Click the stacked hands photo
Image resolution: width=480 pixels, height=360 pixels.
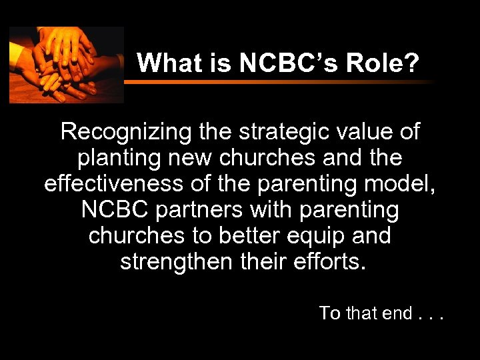[66, 65]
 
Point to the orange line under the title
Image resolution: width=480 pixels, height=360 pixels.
[280, 82]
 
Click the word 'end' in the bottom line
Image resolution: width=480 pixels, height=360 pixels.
[397, 313]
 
